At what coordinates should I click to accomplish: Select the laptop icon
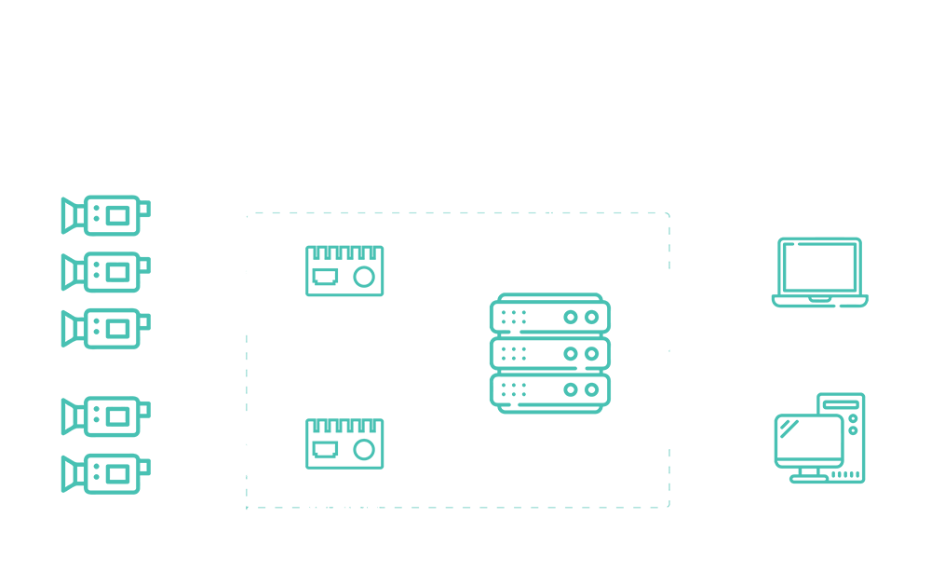click(819, 272)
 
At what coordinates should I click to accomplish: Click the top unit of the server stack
click(549, 316)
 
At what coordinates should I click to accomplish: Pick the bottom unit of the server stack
click(549, 388)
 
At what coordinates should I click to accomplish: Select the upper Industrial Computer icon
click(344, 270)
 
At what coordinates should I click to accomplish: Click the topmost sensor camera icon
click(105, 215)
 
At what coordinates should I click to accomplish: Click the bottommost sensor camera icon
click(105, 474)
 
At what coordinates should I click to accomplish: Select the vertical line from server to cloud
click(551, 205)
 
